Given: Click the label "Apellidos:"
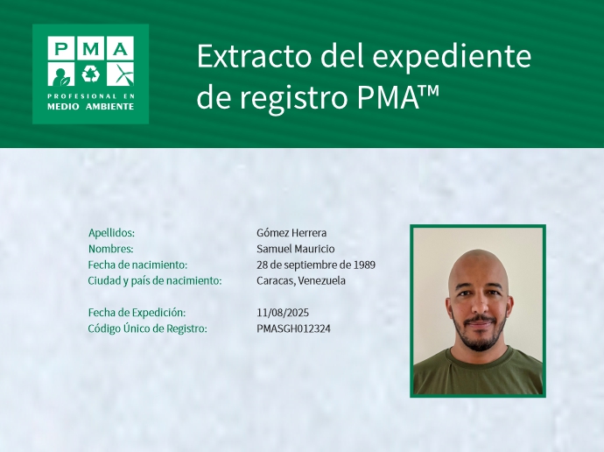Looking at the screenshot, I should click(x=111, y=233).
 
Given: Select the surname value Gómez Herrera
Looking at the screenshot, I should click(x=291, y=233).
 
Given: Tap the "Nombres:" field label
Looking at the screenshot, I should click(x=110, y=249).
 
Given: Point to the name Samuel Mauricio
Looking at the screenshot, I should click(x=296, y=249).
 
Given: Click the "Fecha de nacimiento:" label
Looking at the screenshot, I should click(x=137, y=265).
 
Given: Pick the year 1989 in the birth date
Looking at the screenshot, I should click(x=364, y=265).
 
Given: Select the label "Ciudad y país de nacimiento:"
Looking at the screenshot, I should click(x=155, y=280).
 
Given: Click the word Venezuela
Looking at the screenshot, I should click(x=321, y=280).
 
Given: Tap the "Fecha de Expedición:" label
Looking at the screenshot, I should click(x=137, y=313).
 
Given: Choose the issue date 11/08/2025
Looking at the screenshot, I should click(x=283, y=313).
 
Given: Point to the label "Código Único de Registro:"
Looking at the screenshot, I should click(x=147, y=328).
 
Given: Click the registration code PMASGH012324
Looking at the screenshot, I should click(x=294, y=328).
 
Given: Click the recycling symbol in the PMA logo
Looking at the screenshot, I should click(x=90, y=73).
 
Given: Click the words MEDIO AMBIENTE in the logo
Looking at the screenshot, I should click(x=90, y=106).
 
